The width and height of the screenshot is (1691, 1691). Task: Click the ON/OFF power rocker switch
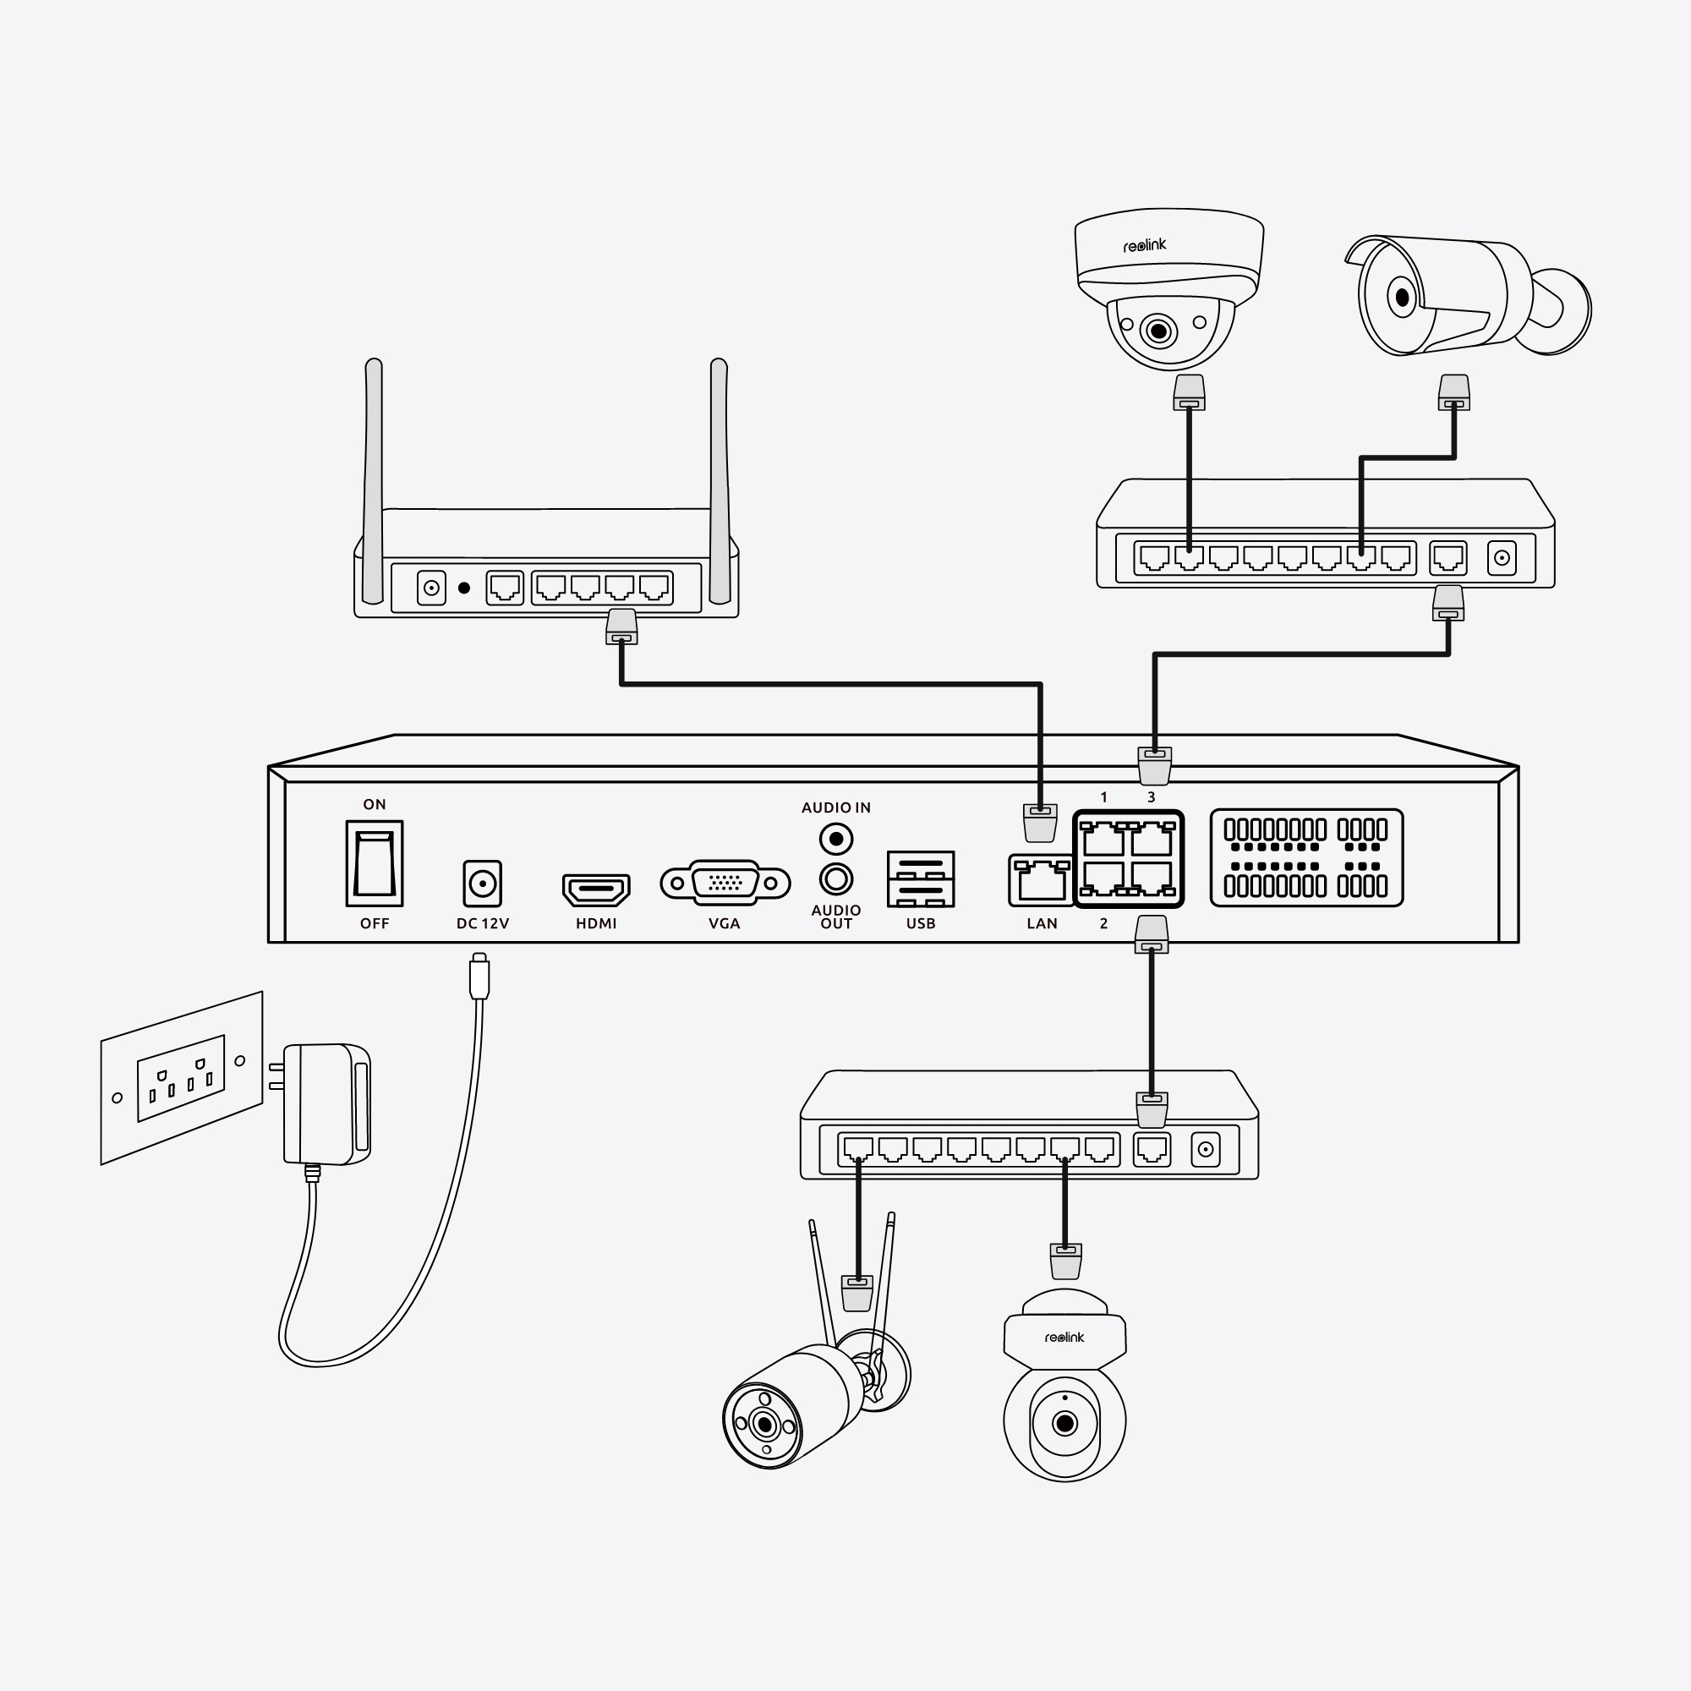tap(374, 863)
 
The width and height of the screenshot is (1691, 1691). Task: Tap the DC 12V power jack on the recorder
tap(482, 884)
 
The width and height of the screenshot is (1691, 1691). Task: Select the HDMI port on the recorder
tap(596, 889)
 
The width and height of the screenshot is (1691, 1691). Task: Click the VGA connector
tap(725, 884)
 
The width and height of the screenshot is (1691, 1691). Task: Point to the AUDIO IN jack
tap(836, 840)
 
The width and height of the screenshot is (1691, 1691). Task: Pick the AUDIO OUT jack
tap(836, 878)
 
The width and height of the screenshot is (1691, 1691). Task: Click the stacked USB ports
tap(921, 878)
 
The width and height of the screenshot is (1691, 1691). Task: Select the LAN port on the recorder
tap(1041, 878)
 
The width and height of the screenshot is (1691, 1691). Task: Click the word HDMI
tap(596, 923)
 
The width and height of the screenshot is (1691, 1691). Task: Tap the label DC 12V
tap(482, 923)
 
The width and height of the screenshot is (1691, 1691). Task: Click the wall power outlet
tap(182, 1077)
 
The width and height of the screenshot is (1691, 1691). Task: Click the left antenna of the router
tap(373, 480)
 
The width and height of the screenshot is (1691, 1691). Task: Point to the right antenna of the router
tap(720, 480)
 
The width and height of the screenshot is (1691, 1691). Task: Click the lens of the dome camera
tap(1159, 331)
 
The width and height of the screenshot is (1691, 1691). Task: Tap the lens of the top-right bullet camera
tap(1402, 298)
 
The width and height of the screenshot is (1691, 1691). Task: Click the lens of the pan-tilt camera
tap(1064, 1422)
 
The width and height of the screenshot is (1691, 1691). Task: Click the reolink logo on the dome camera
tap(1145, 246)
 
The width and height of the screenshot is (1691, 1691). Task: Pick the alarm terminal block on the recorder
tap(1307, 857)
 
